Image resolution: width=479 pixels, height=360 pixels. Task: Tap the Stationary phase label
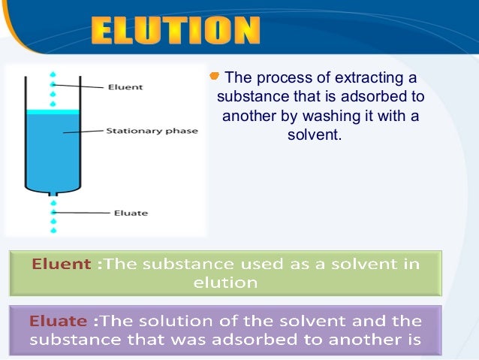[152, 131]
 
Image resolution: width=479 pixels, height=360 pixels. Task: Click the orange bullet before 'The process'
[215, 76]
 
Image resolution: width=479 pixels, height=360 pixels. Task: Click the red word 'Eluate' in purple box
[59, 320]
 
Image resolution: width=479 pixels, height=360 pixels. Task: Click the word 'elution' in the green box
[225, 283]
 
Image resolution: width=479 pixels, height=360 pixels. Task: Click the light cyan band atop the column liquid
[53, 112]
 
